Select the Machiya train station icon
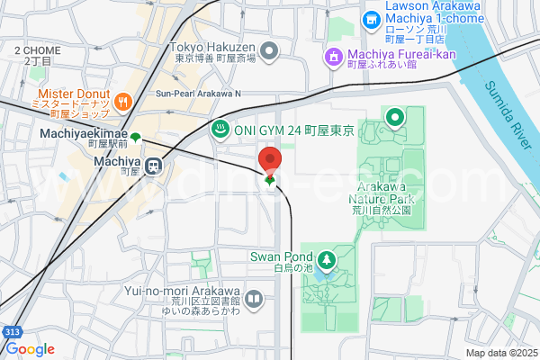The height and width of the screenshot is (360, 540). coord(154,166)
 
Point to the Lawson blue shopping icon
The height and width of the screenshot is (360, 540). coord(370,19)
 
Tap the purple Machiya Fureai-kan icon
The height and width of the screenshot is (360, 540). coord(334,58)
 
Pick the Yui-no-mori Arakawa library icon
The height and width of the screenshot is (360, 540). coord(255,297)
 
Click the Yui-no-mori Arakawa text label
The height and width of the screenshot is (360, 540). coord(195,292)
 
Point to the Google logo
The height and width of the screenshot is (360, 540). coord(30,349)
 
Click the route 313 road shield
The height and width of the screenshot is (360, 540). coord(11,332)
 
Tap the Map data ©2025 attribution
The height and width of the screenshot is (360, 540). coord(500,352)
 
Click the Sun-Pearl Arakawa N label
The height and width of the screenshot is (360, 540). coord(199,93)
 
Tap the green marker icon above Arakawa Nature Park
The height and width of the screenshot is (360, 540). coord(394,117)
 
